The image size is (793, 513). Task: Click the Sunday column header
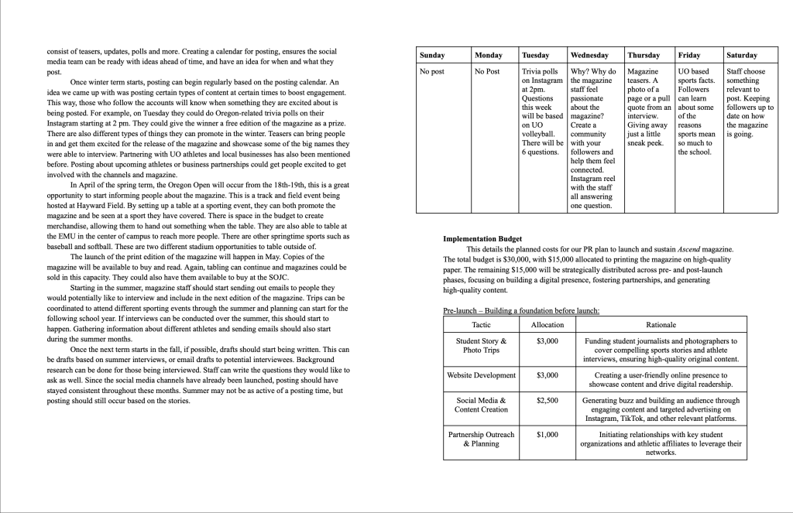(x=432, y=56)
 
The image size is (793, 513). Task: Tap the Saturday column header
(x=742, y=56)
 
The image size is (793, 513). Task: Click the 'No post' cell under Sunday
(x=431, y=71)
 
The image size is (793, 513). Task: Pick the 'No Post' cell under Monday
(x=487, y=71)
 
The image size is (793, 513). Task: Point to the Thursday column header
(x=644, y=56)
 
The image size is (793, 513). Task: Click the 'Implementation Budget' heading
(x=482, y=239)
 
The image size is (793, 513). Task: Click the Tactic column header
(x=481, y=325)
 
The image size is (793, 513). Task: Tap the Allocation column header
(x=547, y=325)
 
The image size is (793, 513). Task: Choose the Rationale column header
(x=661, y=325)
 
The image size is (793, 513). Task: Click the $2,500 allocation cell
(x=547, y=401)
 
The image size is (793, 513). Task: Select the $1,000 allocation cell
(x=547, y=435)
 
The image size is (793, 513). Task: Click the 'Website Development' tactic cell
(x=481, y=375)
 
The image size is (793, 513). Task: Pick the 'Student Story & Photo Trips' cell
(x=481, y=345)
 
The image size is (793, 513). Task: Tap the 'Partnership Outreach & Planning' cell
(x=481, y=439)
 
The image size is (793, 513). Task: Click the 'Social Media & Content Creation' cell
(x=481, y=405)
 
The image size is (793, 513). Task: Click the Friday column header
(x=689, y=56)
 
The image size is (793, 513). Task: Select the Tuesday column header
(x=536, y=56)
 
